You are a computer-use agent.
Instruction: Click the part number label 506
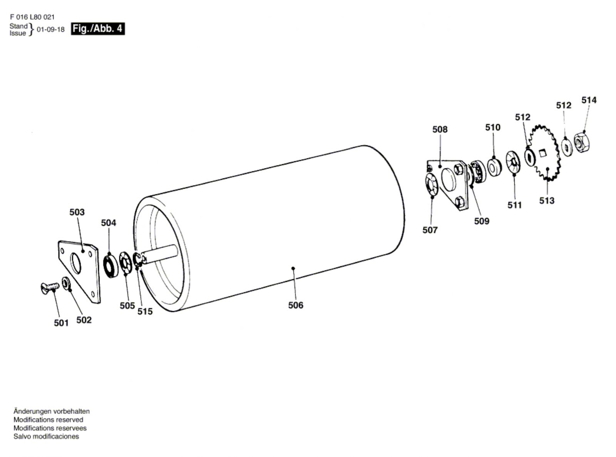pos(296,305)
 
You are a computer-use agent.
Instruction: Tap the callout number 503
pos(77,212)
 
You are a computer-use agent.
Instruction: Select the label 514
pos(589,100)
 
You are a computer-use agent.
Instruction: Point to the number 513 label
pos(547,200)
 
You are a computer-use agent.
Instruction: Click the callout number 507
pos(430,230)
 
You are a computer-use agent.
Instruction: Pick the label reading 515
pos(145,311)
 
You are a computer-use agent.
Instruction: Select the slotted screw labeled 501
pos(50,287)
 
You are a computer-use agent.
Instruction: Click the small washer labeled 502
pos(66,283)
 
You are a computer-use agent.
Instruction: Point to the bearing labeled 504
pos(110,266)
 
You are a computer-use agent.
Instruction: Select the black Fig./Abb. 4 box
pos(98,28)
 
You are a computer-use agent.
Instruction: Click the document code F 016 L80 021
pos(32,17)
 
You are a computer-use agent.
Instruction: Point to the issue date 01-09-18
pos(50,29)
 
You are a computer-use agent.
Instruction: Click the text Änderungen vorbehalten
pos(52,411)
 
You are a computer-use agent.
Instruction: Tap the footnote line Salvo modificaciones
pos(46,436)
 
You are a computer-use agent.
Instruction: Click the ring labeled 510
pos(494,167)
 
